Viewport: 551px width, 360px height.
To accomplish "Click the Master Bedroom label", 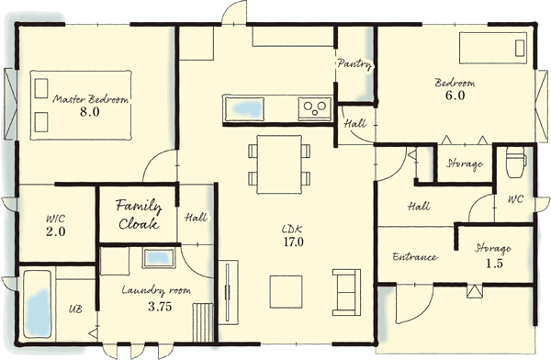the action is click(91, 99).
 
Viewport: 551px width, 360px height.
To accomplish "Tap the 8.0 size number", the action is click(90, 112).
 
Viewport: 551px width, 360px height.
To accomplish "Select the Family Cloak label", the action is click(139, 215).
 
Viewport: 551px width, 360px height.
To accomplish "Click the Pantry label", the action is click(354, 64).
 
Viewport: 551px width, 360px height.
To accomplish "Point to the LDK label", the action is click(292, 230).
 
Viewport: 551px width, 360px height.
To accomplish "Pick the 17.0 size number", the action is click(294, 242).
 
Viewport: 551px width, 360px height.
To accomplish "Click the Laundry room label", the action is click(156, 290).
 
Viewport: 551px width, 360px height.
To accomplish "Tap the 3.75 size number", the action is click(160, 307).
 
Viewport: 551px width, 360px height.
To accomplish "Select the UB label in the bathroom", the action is click(75, 309).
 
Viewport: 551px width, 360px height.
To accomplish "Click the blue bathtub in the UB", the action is click(38, 305).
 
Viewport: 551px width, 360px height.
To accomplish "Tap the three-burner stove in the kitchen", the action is click(314, 108).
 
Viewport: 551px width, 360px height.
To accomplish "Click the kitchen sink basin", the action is click(245, 108).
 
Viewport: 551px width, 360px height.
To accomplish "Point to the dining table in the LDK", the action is click(279, 164).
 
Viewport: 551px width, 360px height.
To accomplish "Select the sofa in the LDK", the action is click(346, 292).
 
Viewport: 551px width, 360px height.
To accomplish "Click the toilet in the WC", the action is click(515, 162).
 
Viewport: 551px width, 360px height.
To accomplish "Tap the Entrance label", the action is click(415, 256).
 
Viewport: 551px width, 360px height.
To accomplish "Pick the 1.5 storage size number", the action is click(494, 264).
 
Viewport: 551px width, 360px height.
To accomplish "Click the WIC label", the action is click(55, 219).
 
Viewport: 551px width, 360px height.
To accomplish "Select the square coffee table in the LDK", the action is click(286, 292).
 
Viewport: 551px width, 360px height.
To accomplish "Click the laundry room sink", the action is click(159, 258).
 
